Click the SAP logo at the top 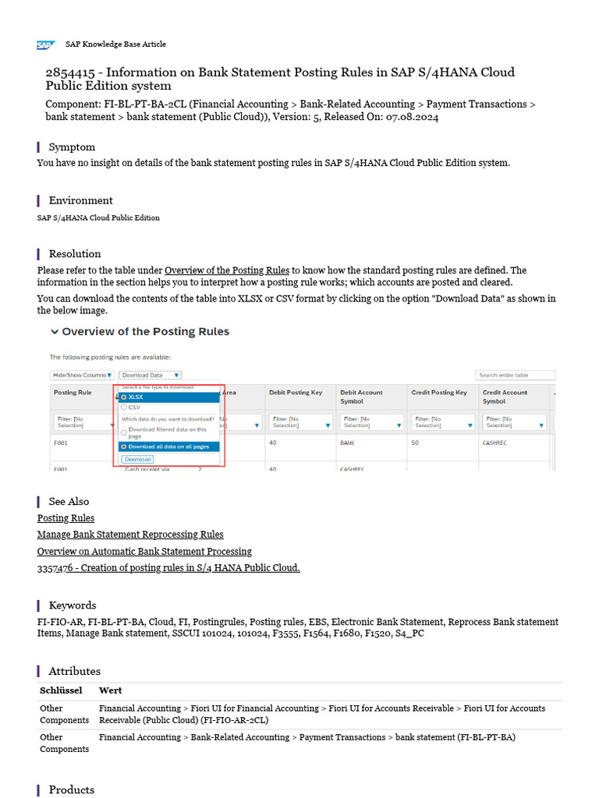45,45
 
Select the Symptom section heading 72,147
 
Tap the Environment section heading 80,200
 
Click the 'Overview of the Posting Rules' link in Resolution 227,270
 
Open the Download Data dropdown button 150,375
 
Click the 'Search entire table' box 515,375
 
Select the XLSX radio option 124,397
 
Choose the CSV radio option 124,407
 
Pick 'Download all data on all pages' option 124,447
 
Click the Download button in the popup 137,459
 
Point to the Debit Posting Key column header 296,393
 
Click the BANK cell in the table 348,442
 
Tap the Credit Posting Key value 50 415,442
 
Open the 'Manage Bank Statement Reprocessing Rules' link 130,535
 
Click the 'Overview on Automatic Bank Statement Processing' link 144,551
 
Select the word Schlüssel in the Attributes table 61,690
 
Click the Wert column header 110,690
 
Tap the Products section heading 71,789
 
